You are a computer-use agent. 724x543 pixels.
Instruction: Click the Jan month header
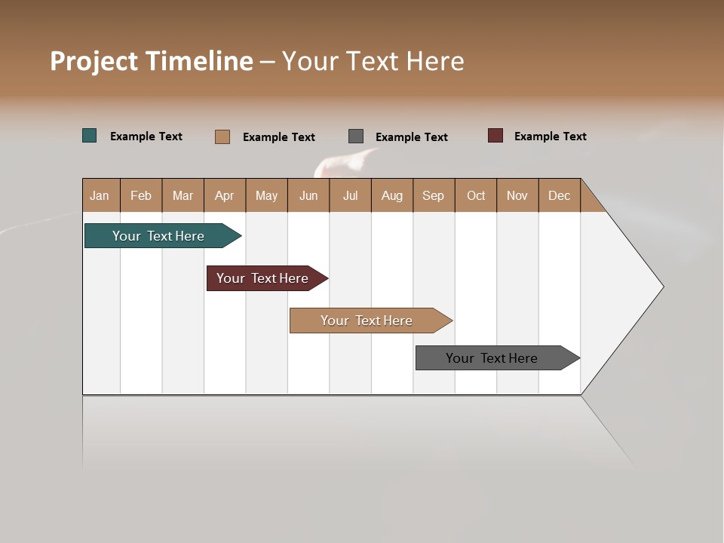(100, 195)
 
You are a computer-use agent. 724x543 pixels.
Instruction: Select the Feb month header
(141, 195)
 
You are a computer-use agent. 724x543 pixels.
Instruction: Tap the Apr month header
(224, 195)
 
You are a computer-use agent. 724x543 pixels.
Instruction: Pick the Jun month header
(308, 195)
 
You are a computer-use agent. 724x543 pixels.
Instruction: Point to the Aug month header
(391, 195)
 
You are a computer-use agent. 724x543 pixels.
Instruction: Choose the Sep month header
(433, 195)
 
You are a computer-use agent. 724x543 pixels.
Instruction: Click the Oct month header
(476, 195)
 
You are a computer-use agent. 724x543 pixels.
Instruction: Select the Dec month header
(559, 195)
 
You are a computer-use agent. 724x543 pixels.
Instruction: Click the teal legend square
(90, 136)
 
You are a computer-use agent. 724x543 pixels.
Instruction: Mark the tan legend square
(222, 137)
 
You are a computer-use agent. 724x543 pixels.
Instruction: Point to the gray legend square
(356, 136)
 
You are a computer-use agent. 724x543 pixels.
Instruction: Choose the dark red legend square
(495, 136)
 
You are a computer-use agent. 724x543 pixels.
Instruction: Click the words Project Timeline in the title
(152, 61)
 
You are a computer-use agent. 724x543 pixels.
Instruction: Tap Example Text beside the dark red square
(550, 137)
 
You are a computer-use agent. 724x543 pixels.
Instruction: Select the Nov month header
(517, 195)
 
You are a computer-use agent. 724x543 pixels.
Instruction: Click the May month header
(266, 195)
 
